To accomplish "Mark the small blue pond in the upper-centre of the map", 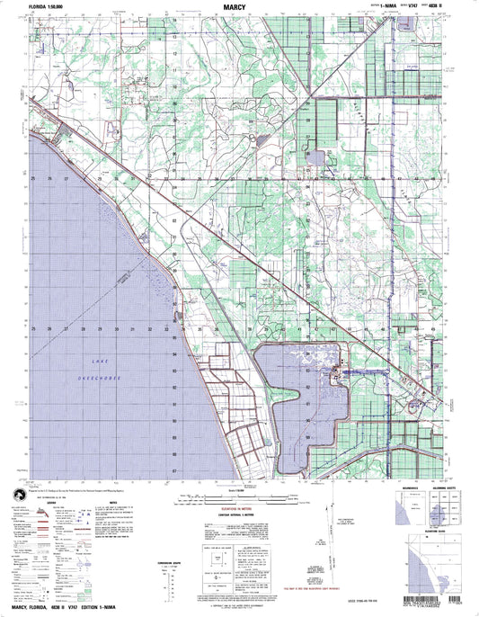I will click(x=316, y=158).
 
